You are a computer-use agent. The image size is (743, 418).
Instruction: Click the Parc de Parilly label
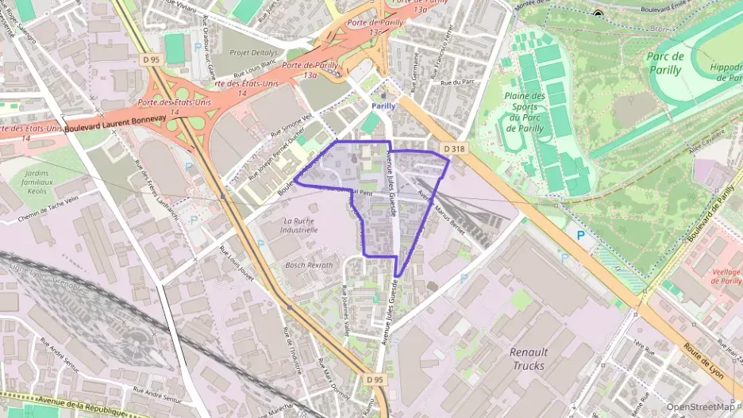click(664, 63)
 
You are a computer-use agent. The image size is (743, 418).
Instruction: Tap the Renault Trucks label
click(528, 359)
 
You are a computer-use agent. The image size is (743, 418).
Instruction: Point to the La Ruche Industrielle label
click(299, 224)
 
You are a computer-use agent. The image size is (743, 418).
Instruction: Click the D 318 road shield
click(453, 148)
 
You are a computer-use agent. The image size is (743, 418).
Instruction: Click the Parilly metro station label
click(383, 105)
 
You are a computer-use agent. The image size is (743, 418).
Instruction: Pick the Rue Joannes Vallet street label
click(345, 309)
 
